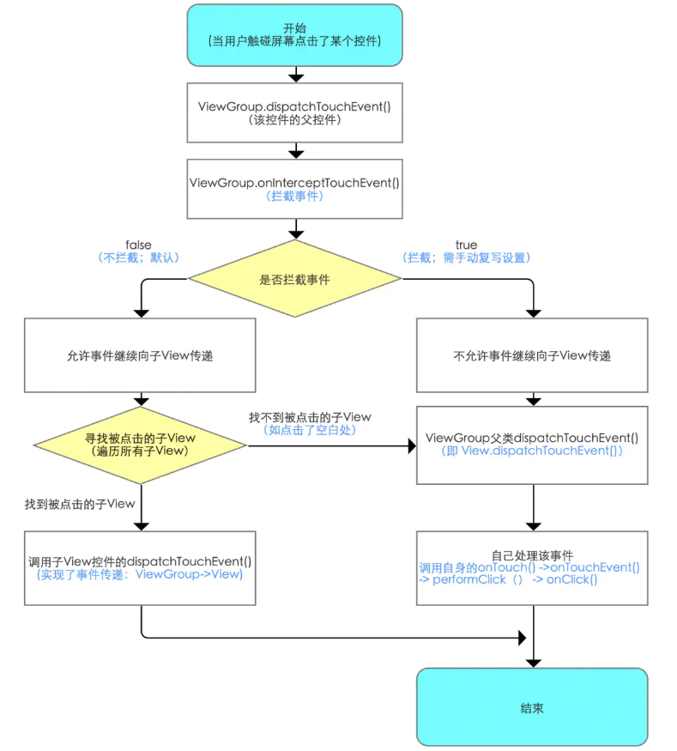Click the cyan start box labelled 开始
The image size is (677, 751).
tap(294, 35)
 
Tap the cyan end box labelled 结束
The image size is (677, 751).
tap(532, 707)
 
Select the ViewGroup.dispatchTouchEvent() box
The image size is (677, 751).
tap(294, 113)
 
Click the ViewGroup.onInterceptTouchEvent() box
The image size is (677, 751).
tap(294, 189)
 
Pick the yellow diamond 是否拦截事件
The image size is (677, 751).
tap(294, 279)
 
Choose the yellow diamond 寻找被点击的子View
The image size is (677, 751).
tap(140, 445)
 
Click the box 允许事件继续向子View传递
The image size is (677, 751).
tap(140, 355)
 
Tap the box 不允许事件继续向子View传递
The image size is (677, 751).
tap(532, 355)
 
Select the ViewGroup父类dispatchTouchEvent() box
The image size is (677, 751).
tap(532, 445)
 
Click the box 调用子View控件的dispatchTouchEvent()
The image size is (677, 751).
tap(140, 568)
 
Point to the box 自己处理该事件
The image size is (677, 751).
tap(532, 568)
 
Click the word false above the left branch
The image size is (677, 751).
tap(138, 245)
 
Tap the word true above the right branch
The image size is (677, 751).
tap(466, 245)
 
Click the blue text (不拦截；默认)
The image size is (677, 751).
tap(138, 257)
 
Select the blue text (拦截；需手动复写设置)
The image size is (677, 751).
tap(466, 257)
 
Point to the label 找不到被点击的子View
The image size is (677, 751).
tap(310, 417)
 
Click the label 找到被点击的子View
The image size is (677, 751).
tap(80, 504)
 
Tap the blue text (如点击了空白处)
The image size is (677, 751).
tap(310, 430)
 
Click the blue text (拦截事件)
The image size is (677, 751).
tap(294, 196)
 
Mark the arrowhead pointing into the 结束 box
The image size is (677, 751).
tap(534, 663)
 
